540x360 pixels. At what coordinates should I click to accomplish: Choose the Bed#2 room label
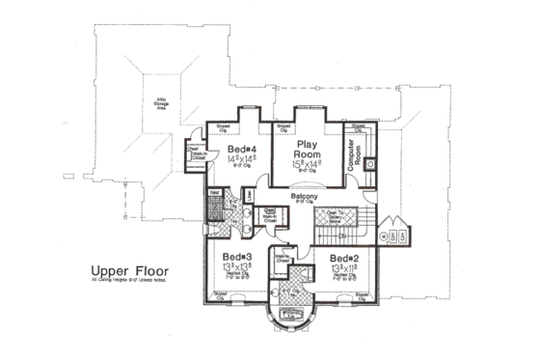tap(343, 259)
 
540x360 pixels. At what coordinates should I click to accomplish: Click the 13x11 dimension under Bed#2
tap(343, 268)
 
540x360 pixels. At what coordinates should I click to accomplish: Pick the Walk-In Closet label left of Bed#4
tap(195, 153)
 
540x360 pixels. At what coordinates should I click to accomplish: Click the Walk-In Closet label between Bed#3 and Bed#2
tap(283, 257)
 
